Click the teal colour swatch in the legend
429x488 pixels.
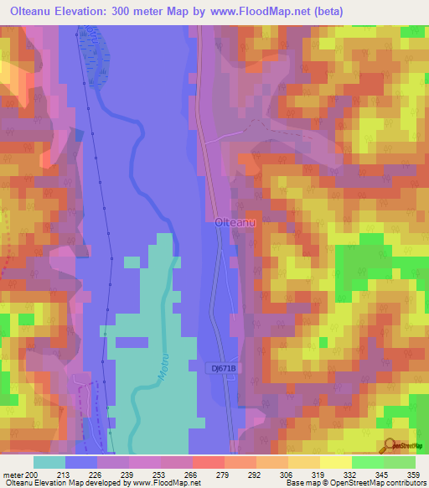[49, 462]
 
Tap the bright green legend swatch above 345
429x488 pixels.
[367, 462]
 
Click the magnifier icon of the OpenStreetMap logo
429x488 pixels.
[390, 444]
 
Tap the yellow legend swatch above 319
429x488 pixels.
[304, 462]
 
